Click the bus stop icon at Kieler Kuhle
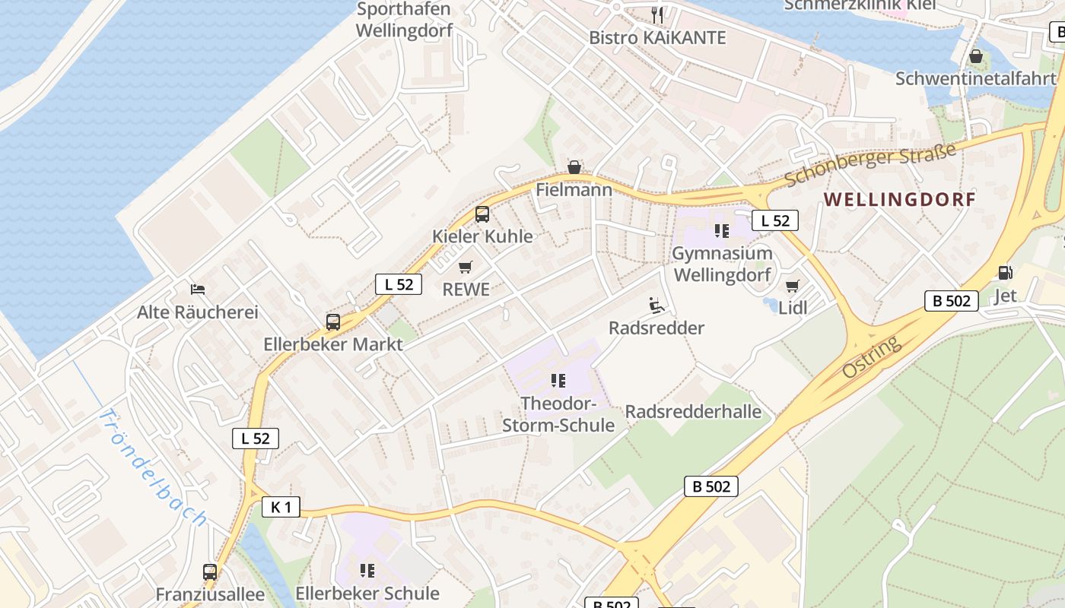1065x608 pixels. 482,214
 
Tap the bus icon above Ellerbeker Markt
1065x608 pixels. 333,321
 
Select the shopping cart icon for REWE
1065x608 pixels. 466,267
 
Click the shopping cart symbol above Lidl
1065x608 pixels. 793,286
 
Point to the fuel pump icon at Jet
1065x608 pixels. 1005,272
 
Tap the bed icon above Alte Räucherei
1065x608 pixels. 198,289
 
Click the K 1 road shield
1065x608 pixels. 281,507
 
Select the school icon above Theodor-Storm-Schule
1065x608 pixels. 558,380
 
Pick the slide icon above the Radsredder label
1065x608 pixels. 656,306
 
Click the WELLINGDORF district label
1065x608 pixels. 899,200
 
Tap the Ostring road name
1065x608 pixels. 872,357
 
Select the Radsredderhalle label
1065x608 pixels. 693,412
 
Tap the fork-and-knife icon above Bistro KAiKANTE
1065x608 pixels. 658,14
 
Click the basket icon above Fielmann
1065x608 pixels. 574,167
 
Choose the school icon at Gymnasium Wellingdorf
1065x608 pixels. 722,230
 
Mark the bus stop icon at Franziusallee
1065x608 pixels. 210,572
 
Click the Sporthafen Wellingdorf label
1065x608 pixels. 404,20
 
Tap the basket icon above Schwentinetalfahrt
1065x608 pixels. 976,56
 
